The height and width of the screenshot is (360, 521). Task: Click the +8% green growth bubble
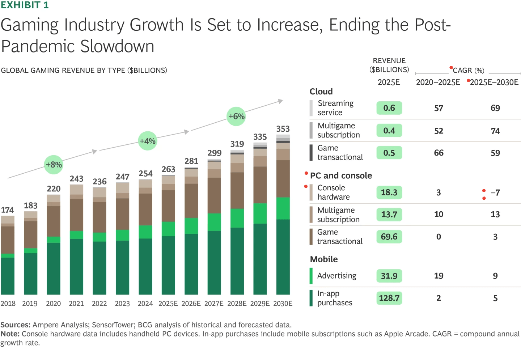point(54,165)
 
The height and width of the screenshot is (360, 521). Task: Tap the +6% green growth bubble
point(236,117)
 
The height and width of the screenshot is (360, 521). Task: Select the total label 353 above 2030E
point(283,129)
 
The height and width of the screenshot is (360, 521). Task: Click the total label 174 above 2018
point(7,210)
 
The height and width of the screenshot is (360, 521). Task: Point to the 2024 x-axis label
point(145,304)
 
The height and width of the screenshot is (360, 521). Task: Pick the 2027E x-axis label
point(214,304)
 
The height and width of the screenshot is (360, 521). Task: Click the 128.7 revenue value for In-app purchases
point(389,298)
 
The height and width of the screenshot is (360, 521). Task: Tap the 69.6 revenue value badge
point(389,237)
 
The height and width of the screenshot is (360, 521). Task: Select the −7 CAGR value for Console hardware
point(495,192)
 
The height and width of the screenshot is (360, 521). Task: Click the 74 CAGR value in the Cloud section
point(495,131)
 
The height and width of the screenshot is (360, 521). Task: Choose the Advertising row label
point(336,276)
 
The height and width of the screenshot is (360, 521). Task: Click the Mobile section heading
point(324,259)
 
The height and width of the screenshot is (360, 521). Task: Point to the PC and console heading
point(341,175)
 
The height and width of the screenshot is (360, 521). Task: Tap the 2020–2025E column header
point(438,82)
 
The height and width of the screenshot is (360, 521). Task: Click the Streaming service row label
point(335,108)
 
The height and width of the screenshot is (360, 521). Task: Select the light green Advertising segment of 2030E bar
point(283,208)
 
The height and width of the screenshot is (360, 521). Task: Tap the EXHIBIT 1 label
point(25,5)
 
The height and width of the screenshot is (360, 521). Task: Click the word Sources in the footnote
point(15,325)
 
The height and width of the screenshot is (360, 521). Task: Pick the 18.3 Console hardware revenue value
point(389,192)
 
